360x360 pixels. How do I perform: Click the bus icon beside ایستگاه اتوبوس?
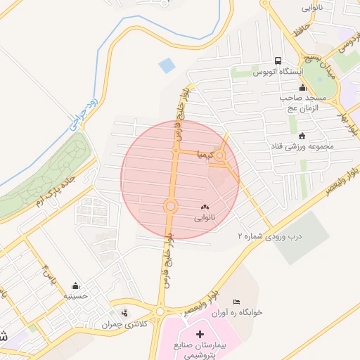click(279, 60)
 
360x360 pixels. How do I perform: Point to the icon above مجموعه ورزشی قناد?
click(302, 136)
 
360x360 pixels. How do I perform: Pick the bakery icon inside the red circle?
click(205, 207)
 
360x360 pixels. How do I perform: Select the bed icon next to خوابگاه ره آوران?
click(236, 302)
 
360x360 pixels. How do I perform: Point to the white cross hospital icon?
click(200, 334)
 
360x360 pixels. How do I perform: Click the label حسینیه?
click(75, 297)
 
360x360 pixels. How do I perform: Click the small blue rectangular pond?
click(167, 66)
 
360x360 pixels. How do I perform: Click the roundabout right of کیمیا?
click(221, 155)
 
